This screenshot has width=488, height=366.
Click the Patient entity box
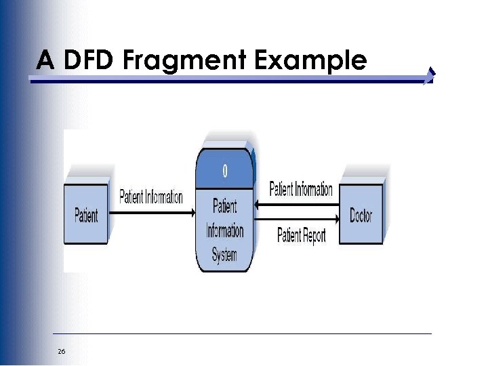86,215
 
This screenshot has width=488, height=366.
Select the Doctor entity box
361,215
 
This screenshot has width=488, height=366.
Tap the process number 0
225,170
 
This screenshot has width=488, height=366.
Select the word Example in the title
310,61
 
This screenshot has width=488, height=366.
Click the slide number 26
62,351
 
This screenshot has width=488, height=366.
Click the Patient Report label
302,235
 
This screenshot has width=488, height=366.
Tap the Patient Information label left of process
151,197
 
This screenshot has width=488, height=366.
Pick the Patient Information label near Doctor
301,188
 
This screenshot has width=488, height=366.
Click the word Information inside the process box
225,230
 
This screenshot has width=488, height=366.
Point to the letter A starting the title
45,61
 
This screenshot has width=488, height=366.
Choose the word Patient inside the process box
225,205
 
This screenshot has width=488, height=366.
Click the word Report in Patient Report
314,236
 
